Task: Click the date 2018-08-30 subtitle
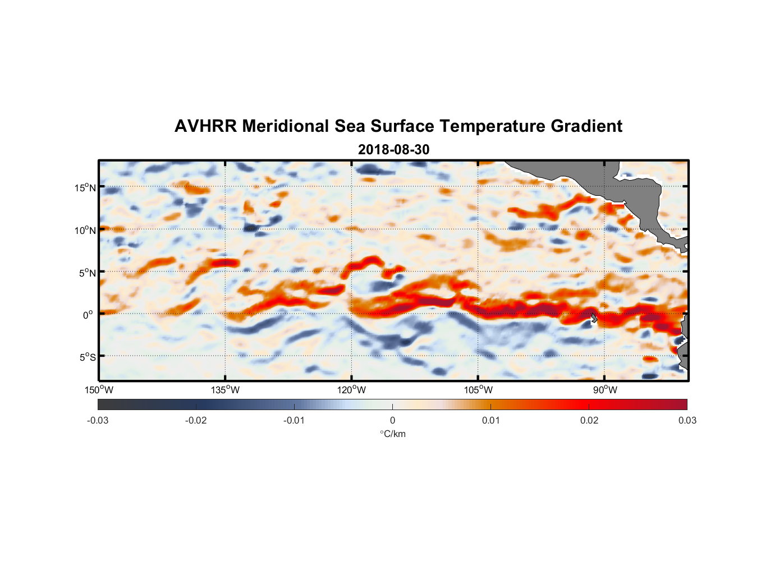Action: [393, 150]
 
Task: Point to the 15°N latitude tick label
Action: [85, 187]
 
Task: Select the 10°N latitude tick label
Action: [85, 230]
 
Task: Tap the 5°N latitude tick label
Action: [87, 273]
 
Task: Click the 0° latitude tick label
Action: [88, 315]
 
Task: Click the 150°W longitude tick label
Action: [99, 390]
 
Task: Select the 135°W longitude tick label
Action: [225, 390]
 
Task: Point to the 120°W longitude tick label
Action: [351, 390]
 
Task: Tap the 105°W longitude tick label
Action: [478, 390]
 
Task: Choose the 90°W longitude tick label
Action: [604, 390]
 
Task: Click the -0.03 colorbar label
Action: [98, 421]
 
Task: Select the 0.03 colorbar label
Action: [687, 421]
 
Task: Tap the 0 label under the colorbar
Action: [392, 421]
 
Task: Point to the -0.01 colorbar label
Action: [294, 421]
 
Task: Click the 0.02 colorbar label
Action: [589, 421]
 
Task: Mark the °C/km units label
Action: [392, 434]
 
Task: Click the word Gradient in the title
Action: [586, 126]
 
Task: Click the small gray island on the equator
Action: [594, 318]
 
